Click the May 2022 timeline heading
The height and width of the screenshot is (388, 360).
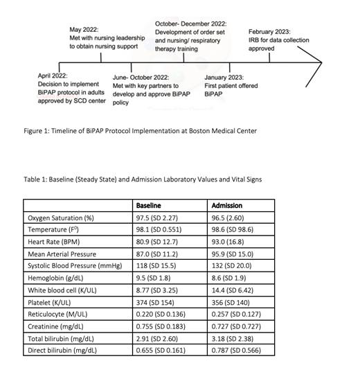coord(84,30)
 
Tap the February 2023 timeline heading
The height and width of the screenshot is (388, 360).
coord(269,32)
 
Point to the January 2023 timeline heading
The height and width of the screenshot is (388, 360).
coord(224,77)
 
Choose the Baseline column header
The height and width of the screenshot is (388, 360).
coord(149,206)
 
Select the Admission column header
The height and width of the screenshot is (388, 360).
coord(226,206)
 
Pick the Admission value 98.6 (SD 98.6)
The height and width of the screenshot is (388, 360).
coord(235,229)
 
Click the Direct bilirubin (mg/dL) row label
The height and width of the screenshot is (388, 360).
coord(62,351)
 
